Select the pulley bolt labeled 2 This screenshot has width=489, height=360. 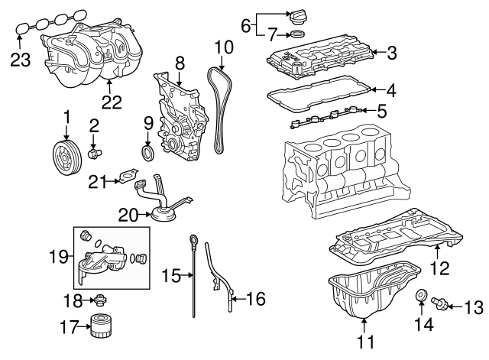pos(96,154)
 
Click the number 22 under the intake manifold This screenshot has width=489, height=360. pos(112,103)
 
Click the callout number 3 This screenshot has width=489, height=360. pos(392,54)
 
